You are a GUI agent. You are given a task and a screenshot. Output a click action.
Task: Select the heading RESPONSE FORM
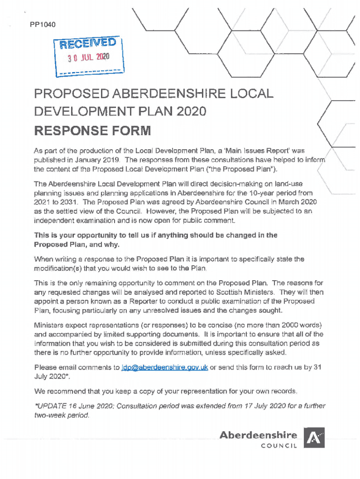click(x=93, y=130)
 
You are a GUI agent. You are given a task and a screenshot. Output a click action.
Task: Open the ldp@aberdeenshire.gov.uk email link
click(x=165, y=368)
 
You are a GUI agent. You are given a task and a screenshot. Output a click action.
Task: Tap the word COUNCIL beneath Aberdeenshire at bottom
click(x=279, y=446)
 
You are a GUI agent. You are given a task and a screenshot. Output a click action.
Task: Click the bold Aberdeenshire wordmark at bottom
click(x=258, y=435)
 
